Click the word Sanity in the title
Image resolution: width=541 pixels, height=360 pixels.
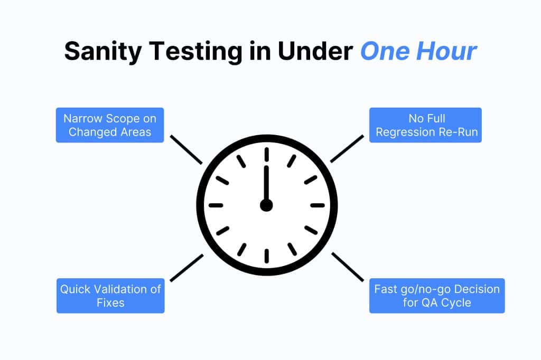(103, 52)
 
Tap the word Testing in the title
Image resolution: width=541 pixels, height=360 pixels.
(196, 52)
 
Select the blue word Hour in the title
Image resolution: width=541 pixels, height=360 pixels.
(446, 51)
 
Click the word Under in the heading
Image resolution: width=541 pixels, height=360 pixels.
(315, 51)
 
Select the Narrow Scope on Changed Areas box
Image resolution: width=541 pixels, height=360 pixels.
(110, 125)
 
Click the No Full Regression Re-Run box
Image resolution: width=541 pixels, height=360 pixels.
(425, 125)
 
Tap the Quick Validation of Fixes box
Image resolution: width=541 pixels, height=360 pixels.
(110, 296)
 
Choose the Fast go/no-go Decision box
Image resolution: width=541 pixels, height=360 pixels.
(437, 296)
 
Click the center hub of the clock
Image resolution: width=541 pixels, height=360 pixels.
(266, 205)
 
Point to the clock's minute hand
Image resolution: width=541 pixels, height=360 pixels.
(266, 184)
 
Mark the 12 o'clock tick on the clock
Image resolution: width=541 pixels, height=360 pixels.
(266, 154)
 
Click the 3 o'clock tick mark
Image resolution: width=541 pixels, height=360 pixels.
(318, 205)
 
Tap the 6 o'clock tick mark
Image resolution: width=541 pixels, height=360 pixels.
(266, 256)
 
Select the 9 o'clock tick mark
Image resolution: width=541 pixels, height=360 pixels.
(216, 205)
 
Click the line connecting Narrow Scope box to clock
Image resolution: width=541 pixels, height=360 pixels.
(186, 150)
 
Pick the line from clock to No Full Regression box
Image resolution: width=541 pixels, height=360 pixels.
(347, 149)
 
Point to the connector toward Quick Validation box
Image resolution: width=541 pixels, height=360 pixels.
(186, 268)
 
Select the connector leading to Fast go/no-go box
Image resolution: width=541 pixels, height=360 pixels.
(348, 267)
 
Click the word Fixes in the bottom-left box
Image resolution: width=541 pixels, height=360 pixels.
(110, 302)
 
